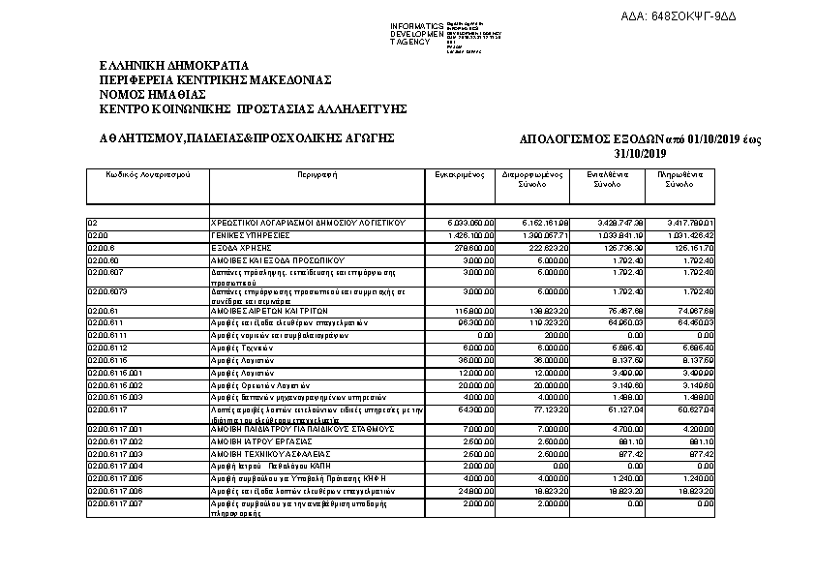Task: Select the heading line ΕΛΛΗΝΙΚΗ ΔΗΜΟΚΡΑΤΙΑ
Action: pos(166,66)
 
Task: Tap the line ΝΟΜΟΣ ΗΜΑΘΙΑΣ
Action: pos(153,95)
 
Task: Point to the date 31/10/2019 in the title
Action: pos(641,154)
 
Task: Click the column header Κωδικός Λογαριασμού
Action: pos(147,175)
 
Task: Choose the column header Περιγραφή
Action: pos(317,175)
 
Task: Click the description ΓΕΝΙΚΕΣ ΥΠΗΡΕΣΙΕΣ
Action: pos(251,235)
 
